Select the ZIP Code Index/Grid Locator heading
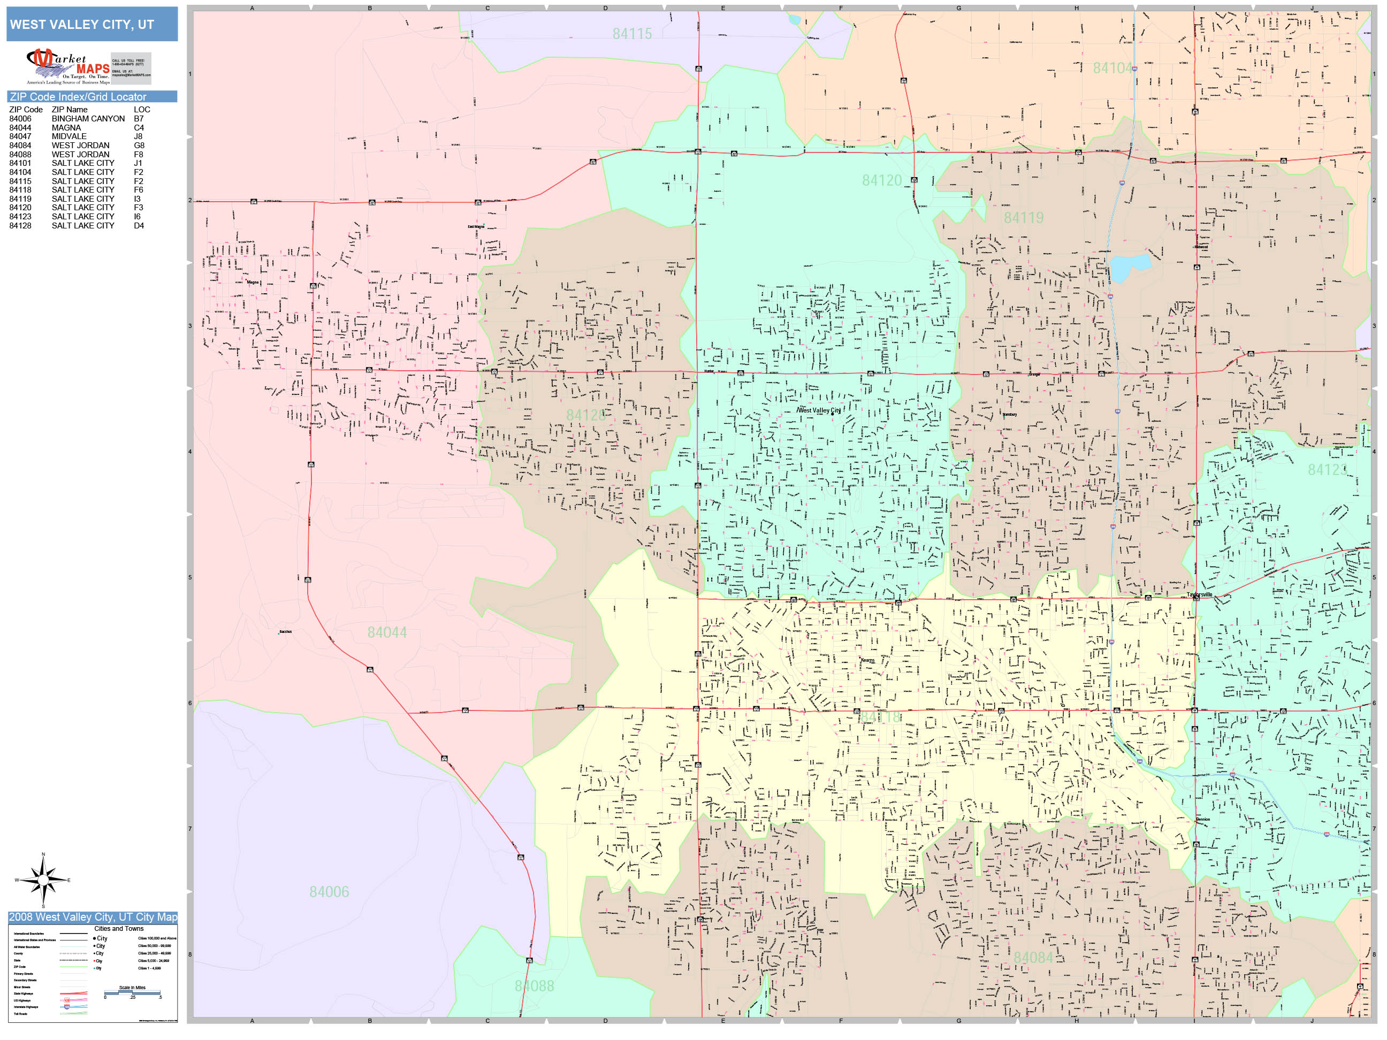pos(78,96)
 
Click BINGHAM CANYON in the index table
pos(88,118)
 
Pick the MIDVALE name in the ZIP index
pos(69,136)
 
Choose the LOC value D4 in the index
pos(139,226)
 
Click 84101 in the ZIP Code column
pos(20,163)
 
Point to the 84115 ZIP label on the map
pos(632,34)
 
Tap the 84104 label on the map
pos(1113,68)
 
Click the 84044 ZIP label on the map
pos(387,632)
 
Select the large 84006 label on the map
pos(329,891)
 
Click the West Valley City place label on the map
pos(819,410)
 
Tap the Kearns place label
pos(867,660)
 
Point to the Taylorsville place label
pos(1200,594)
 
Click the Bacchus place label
pos(285,631)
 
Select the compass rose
pos(43,880)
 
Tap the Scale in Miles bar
pos(132,992)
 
